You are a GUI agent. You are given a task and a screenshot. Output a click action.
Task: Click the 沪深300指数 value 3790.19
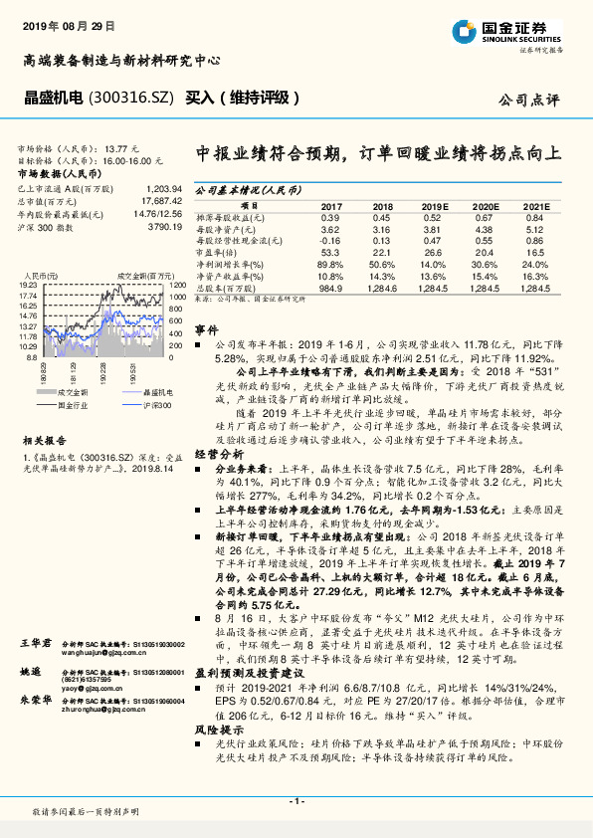tap(164, 228)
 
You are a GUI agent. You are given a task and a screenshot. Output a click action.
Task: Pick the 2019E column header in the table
tap(435, 206)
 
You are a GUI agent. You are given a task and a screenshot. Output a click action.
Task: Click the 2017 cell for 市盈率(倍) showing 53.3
tap(329, 253)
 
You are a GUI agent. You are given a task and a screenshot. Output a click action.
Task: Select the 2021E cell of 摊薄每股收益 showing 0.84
tap(534, 217)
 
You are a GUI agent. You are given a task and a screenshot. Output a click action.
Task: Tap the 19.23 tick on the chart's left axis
tap(27, 285)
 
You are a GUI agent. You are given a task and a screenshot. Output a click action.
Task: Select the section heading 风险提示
tap(214, 731)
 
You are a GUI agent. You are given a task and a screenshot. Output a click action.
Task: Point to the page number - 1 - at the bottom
tap(296, 801)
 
